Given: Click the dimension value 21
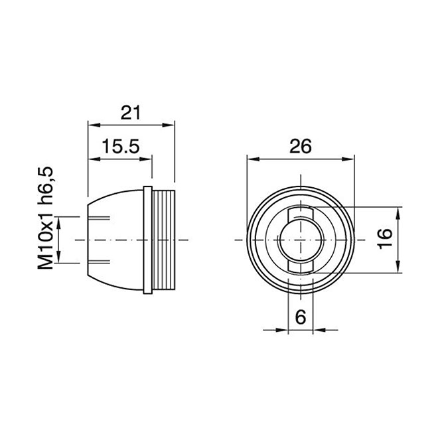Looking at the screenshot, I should (x=131, y=112).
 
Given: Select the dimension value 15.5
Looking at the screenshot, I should (x=119, y=147).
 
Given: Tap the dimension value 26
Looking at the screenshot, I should (x=300, y=147).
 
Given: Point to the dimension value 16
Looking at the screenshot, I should (x=384, y=240).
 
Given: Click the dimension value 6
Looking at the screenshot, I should (x=300, y=317).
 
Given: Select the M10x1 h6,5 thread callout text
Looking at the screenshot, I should (x=44, y=218).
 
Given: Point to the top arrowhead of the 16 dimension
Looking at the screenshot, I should (x=398, y=212).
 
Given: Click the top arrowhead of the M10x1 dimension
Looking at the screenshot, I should (x=60, y=220).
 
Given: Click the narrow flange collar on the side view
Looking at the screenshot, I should (x=147, y=239).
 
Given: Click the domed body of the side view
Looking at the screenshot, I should (x=116, y=239).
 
